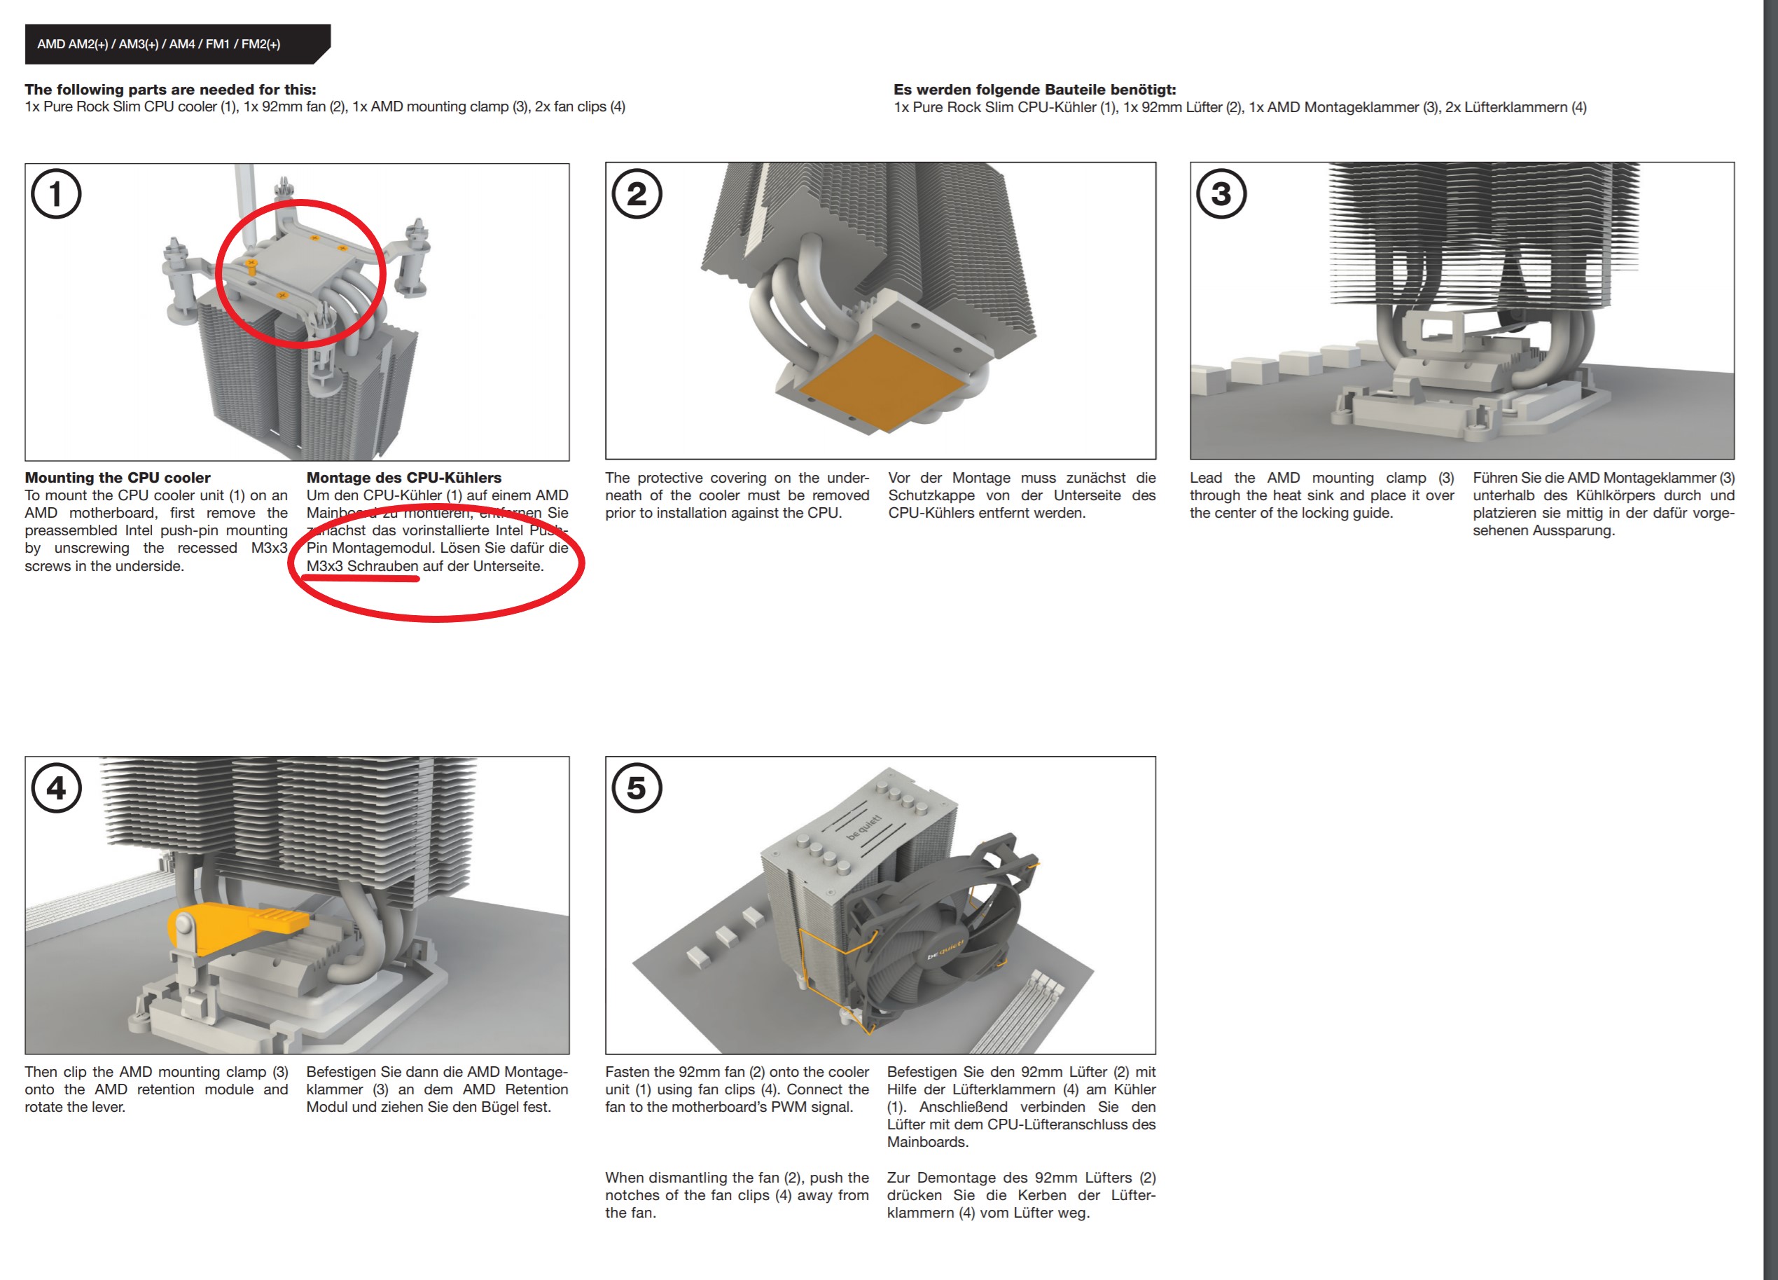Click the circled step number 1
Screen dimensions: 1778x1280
pos(55,194)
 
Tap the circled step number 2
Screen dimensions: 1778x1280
pos(637,194)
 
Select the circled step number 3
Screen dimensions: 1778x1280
pos(1221,194)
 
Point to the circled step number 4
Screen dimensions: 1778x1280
pos(55,787)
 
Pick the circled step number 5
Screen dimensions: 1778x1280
pos(637,787)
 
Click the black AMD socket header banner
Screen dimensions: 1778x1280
pos(177,44)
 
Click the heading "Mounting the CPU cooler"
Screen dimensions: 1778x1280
pos(118,478)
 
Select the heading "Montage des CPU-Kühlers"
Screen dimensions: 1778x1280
pos(404,478)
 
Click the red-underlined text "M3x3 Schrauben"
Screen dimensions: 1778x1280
pos(362,566)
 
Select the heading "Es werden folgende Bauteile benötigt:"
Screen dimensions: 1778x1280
pos(1035,90)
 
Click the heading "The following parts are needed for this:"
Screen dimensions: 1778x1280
pos(170,90)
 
